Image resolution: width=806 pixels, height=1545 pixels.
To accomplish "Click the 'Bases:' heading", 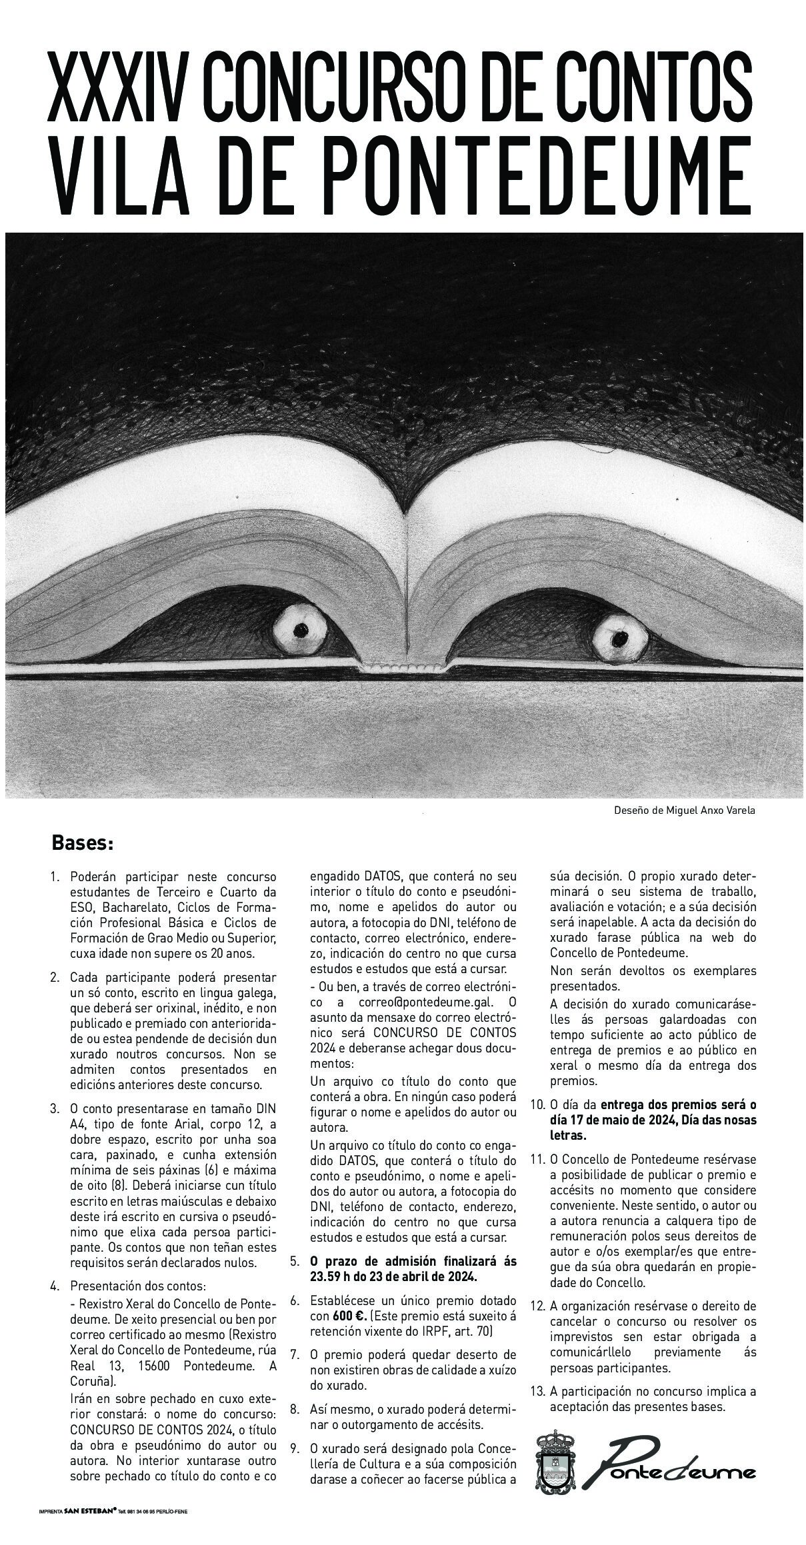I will tap(83, 844).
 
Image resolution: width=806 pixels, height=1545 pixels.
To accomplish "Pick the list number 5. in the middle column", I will tap(295, 1262).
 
